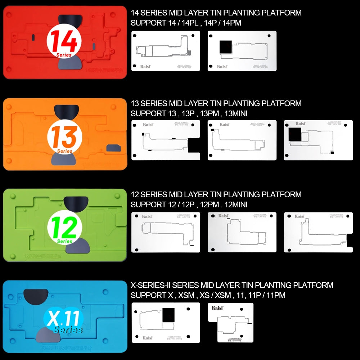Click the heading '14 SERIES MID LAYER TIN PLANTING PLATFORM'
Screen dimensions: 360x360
pos(216,13)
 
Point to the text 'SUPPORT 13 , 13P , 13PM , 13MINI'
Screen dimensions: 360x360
pos(189,114)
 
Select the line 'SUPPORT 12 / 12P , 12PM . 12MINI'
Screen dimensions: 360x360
pos(189,204)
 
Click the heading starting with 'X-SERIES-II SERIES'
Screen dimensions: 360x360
pos(232,285)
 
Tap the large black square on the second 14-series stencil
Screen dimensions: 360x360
pos(226,47)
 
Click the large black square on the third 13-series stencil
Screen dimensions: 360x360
pos(295,134)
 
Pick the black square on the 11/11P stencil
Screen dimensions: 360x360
pos(168,315)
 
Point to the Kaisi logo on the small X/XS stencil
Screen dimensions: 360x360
pos(217,308)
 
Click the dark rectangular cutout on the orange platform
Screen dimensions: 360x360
pos(112,148)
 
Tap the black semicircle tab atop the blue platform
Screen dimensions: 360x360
pos(35,296)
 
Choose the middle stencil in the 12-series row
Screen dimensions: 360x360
pos(242,232)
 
